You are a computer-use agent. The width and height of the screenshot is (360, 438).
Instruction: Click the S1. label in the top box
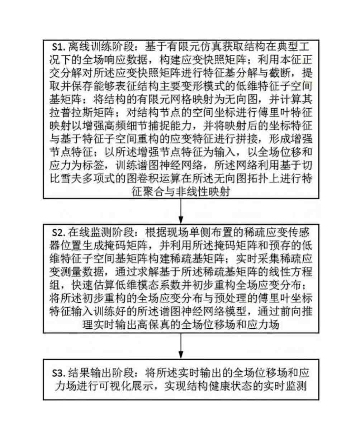[x=59, y=47]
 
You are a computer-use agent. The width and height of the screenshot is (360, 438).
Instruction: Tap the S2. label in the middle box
[x=59, y=232]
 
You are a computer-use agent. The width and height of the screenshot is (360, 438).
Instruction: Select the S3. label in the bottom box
[x=59, y=373]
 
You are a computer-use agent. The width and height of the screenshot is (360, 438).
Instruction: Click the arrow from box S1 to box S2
[x=181, y=211]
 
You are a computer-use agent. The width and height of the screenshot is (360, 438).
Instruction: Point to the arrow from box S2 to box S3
[x=181, y=346]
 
